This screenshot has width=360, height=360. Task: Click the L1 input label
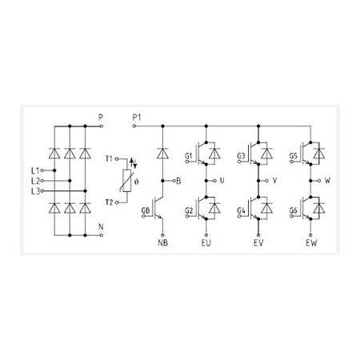coord(35,170)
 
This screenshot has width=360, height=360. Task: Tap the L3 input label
coord(35,191)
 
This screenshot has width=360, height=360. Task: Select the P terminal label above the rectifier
coord(101,118)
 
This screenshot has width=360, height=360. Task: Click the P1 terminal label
coord(137,118)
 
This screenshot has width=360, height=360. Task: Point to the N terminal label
coord(101,227)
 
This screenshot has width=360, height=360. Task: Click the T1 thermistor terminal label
coord(109,158)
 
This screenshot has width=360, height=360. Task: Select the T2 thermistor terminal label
coord(110,202)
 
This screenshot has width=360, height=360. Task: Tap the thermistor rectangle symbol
coord(126,181)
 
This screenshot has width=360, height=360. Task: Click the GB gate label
coord(146,210)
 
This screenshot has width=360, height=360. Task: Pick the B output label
coord(178,181)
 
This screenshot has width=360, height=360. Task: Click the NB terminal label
coord(162,243)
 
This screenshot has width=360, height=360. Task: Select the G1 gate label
coord(189,156)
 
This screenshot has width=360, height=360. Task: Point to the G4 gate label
coord(241,210)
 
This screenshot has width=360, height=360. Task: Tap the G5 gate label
coord(294,156)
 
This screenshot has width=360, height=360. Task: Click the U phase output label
coord(222,181)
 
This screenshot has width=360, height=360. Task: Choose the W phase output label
coord(327,181)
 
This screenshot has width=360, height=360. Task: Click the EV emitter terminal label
coord(258,243)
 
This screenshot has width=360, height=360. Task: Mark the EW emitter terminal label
coord(311,243)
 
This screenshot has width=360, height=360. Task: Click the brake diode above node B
coord(162,154)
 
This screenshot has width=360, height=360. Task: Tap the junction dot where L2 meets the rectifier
coord(70,181)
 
